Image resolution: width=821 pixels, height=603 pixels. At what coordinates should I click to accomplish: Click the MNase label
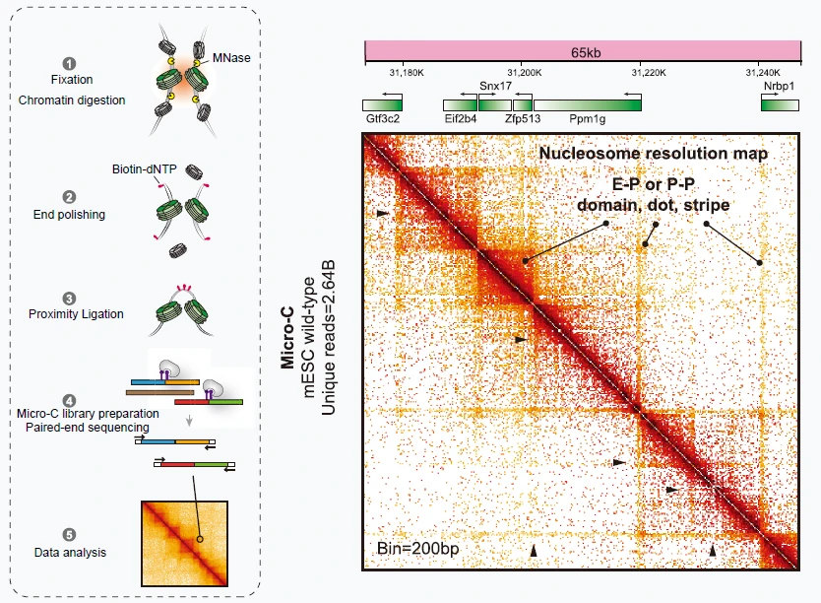pos(231,57)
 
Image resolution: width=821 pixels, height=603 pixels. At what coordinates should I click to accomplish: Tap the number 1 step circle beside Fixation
pos(69,64)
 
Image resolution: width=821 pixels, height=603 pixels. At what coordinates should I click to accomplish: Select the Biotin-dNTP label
pos(144,169)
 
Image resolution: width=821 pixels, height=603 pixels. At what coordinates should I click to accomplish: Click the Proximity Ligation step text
pos(76,313)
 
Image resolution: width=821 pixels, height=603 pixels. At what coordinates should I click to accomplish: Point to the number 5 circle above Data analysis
pos(69,535)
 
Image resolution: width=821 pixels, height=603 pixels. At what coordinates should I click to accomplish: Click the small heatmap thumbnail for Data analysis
pos(184,544)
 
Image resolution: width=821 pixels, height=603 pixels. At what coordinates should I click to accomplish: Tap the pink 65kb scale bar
pos(584,52)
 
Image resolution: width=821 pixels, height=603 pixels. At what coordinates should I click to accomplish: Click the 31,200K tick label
pos(524,73)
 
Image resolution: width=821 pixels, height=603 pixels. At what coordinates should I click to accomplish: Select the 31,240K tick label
pos(763,73)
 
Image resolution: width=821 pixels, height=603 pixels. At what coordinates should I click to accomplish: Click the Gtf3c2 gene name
pos(383,119)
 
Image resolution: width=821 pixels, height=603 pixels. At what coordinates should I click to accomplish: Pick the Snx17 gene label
pos(495,86)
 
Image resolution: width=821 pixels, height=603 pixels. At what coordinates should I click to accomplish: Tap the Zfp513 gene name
pos(523,119)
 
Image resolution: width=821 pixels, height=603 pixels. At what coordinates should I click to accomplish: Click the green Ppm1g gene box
pos(588,105)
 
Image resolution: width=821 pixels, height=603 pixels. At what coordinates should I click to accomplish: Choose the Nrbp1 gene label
pos(779,86)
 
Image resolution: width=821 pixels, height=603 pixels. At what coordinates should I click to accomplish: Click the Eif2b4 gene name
pos(461,119)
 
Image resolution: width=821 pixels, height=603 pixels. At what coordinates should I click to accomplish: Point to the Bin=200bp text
pos(417,549)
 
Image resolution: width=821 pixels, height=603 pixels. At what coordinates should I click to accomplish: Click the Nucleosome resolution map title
pos(653,154)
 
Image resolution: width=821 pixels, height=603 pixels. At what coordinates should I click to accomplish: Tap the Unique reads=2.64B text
pos(328,338)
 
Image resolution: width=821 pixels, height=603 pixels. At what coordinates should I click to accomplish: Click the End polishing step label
pos(69,215)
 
